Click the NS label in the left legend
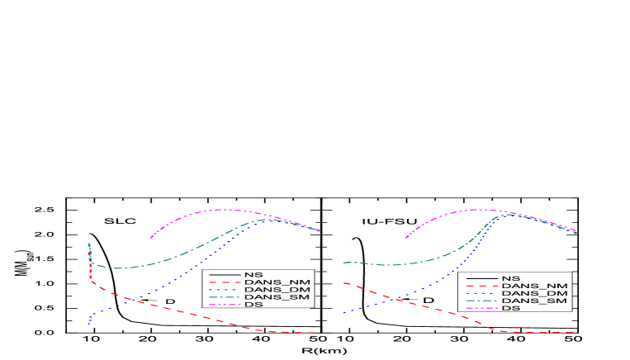[x=253, y=274]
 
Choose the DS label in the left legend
[x=253, y=305]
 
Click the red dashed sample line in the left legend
[x=224, y=282]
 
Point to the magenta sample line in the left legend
[x=224, y=305]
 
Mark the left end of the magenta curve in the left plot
[x=150, y=238]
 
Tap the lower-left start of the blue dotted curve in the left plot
[x=88, y=324]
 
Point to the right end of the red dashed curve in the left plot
[x=317, y=333]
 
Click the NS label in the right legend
[x=510, y=279]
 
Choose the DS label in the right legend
[x=510, y=309]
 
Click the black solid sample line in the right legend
[x=481, y=279]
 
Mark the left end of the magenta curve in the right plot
[x=405, y=238]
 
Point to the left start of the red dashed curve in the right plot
[x=343, y=283]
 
